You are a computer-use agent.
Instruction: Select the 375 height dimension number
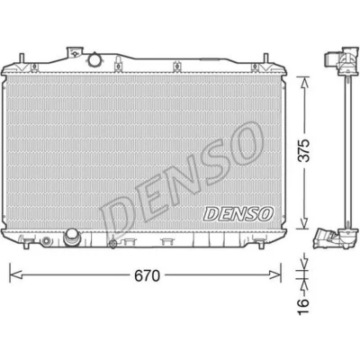pos(305,150)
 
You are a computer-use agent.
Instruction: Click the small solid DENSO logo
pos(238,214)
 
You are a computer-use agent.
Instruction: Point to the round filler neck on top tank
pos(95,58)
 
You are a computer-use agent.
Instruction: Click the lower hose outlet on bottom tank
pos(71,237)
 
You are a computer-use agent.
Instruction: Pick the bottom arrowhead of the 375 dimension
pos(305,222)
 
